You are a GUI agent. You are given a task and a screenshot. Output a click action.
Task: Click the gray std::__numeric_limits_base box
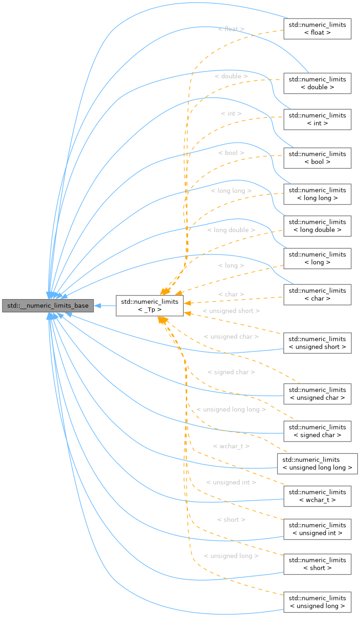point(48,306)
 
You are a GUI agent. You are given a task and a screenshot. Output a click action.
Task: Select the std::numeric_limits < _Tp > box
point(150,306)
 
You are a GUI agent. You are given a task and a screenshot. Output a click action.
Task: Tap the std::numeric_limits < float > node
point(317,29)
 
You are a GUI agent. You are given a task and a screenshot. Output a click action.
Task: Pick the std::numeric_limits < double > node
point(317,83)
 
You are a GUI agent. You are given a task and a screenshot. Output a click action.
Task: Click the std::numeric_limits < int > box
point(317,119)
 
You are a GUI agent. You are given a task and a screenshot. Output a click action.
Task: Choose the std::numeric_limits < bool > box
point(317,158)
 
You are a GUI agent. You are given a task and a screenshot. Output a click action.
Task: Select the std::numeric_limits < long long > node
point(317,194)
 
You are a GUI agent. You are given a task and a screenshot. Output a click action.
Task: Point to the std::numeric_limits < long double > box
point(317,226)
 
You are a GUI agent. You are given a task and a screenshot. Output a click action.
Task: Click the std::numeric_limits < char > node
point(317,294)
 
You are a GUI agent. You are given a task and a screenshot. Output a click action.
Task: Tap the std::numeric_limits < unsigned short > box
point(317,343)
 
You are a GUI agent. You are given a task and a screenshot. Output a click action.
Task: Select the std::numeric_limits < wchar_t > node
point(317,496)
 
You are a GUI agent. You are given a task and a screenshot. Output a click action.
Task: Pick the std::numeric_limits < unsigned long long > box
point(317,464)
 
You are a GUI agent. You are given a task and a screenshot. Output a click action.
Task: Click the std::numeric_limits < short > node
point(317,564)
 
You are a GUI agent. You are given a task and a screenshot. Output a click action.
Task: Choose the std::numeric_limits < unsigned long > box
point(317,602)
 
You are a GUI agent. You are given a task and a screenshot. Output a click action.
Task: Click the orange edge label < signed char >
point(231,372)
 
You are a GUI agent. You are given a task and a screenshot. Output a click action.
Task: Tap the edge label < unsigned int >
point(231,482)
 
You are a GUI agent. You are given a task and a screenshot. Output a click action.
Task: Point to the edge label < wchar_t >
point(231,446)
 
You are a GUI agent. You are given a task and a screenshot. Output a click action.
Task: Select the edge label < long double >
point(231,230)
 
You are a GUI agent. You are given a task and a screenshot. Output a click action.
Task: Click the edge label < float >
point(231,29)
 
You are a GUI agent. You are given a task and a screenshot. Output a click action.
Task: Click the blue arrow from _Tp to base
point(105,306)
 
